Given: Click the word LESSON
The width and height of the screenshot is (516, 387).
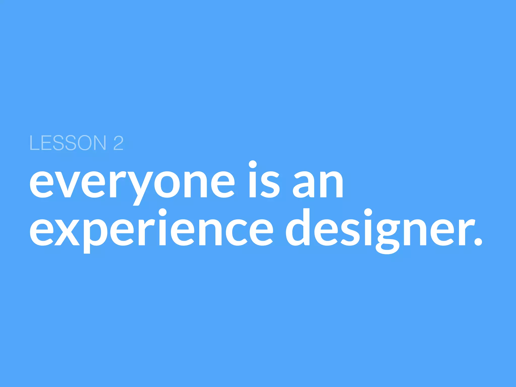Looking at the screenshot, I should pyautogui.click(x=68, y=143).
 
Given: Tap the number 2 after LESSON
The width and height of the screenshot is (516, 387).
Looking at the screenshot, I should pyautogui.click(x=118, y=143).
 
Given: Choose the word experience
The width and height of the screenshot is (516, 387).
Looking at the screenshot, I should pyautogui.click(x=151, y=232).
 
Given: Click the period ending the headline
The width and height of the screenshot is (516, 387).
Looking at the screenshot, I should pyautogui.click(x=478, y=241).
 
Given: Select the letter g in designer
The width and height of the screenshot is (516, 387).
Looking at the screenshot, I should pyautogui.click(x=388, y=236).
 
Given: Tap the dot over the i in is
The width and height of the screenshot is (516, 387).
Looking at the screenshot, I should pyautogui.click(x=253, y=164).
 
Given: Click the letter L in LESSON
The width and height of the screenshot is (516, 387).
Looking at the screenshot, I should pyautogui.click(x=34, y=143).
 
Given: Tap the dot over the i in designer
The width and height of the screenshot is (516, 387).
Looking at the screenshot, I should pyautogui.click(x=368, y=212).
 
